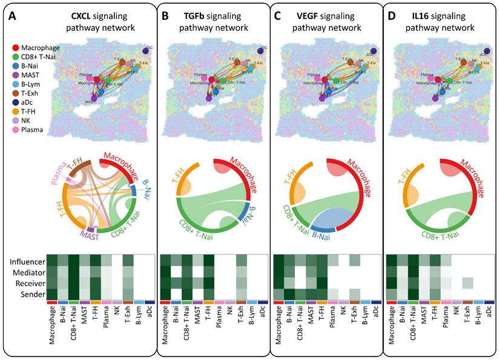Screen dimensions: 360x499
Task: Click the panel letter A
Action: pos(12,16)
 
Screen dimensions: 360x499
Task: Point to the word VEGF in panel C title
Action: pos(310,16)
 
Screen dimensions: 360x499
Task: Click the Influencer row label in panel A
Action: pos(28,262)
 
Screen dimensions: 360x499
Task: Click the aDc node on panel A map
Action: pos(146,51)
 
